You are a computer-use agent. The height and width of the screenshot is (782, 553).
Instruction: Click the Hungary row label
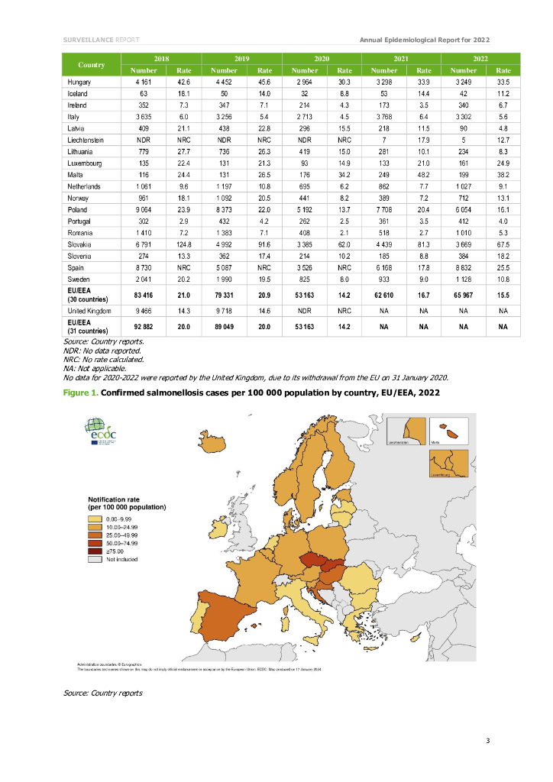point(80,81)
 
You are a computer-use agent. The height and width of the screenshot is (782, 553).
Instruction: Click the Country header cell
point(91,64)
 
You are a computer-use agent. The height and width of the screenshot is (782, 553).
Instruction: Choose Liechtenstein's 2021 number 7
point(383,139)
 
